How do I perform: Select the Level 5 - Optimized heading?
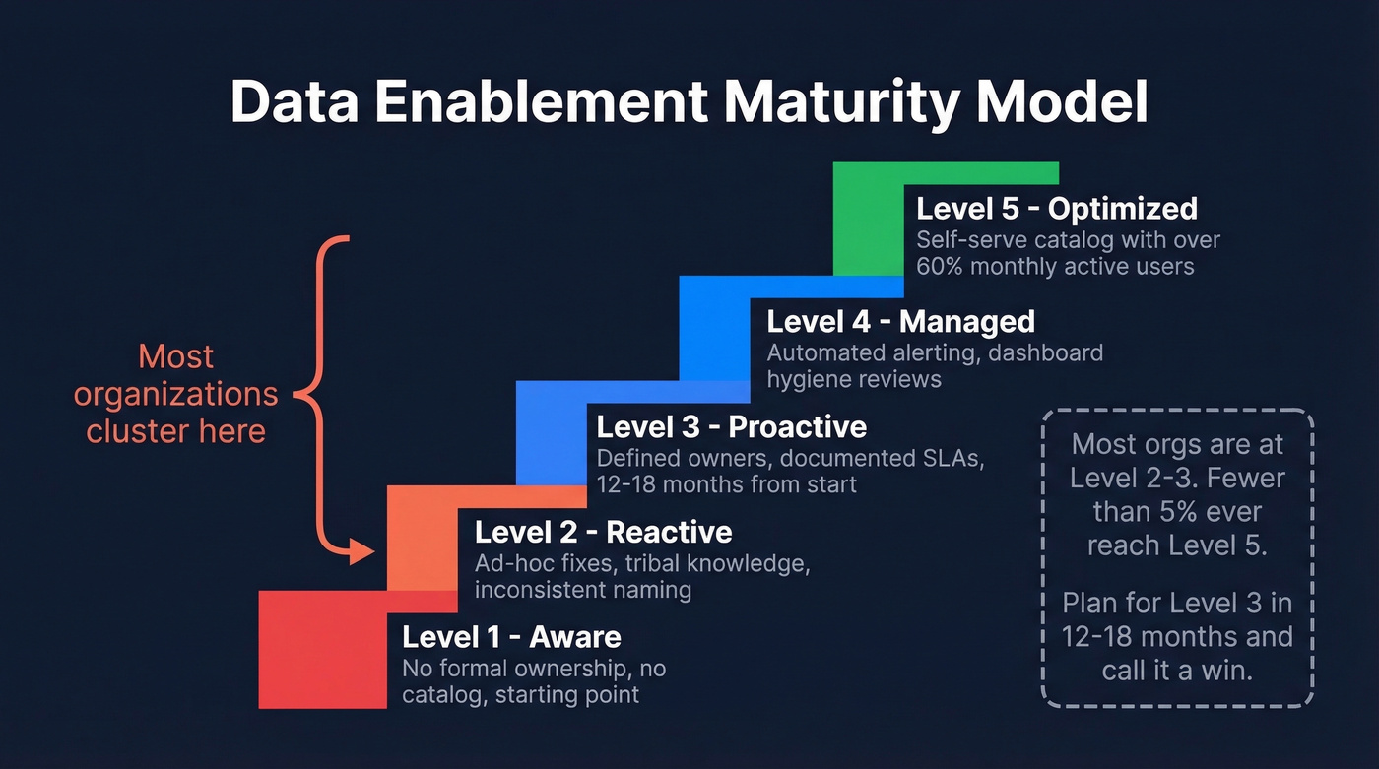point(1057,209)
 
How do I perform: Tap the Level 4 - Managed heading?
point(900,322)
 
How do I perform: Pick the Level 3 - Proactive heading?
point(732,426)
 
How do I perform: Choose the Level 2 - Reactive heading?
point(603,533)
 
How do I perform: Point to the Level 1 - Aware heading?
point(511,637)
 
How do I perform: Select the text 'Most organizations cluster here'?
point(176,394)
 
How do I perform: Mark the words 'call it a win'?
point(1177,671)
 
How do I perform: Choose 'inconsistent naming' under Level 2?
point(582,590)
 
